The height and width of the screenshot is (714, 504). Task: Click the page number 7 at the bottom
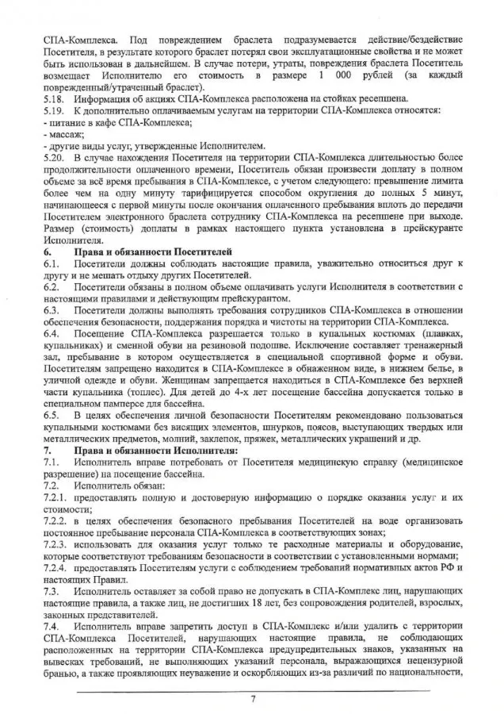pyautogui.click(x=252, y=698)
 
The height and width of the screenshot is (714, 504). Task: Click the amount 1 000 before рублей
pyautogui.click(x=330, y=75)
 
